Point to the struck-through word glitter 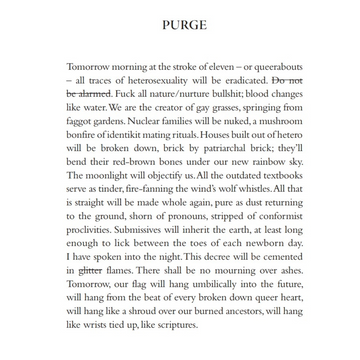89,269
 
